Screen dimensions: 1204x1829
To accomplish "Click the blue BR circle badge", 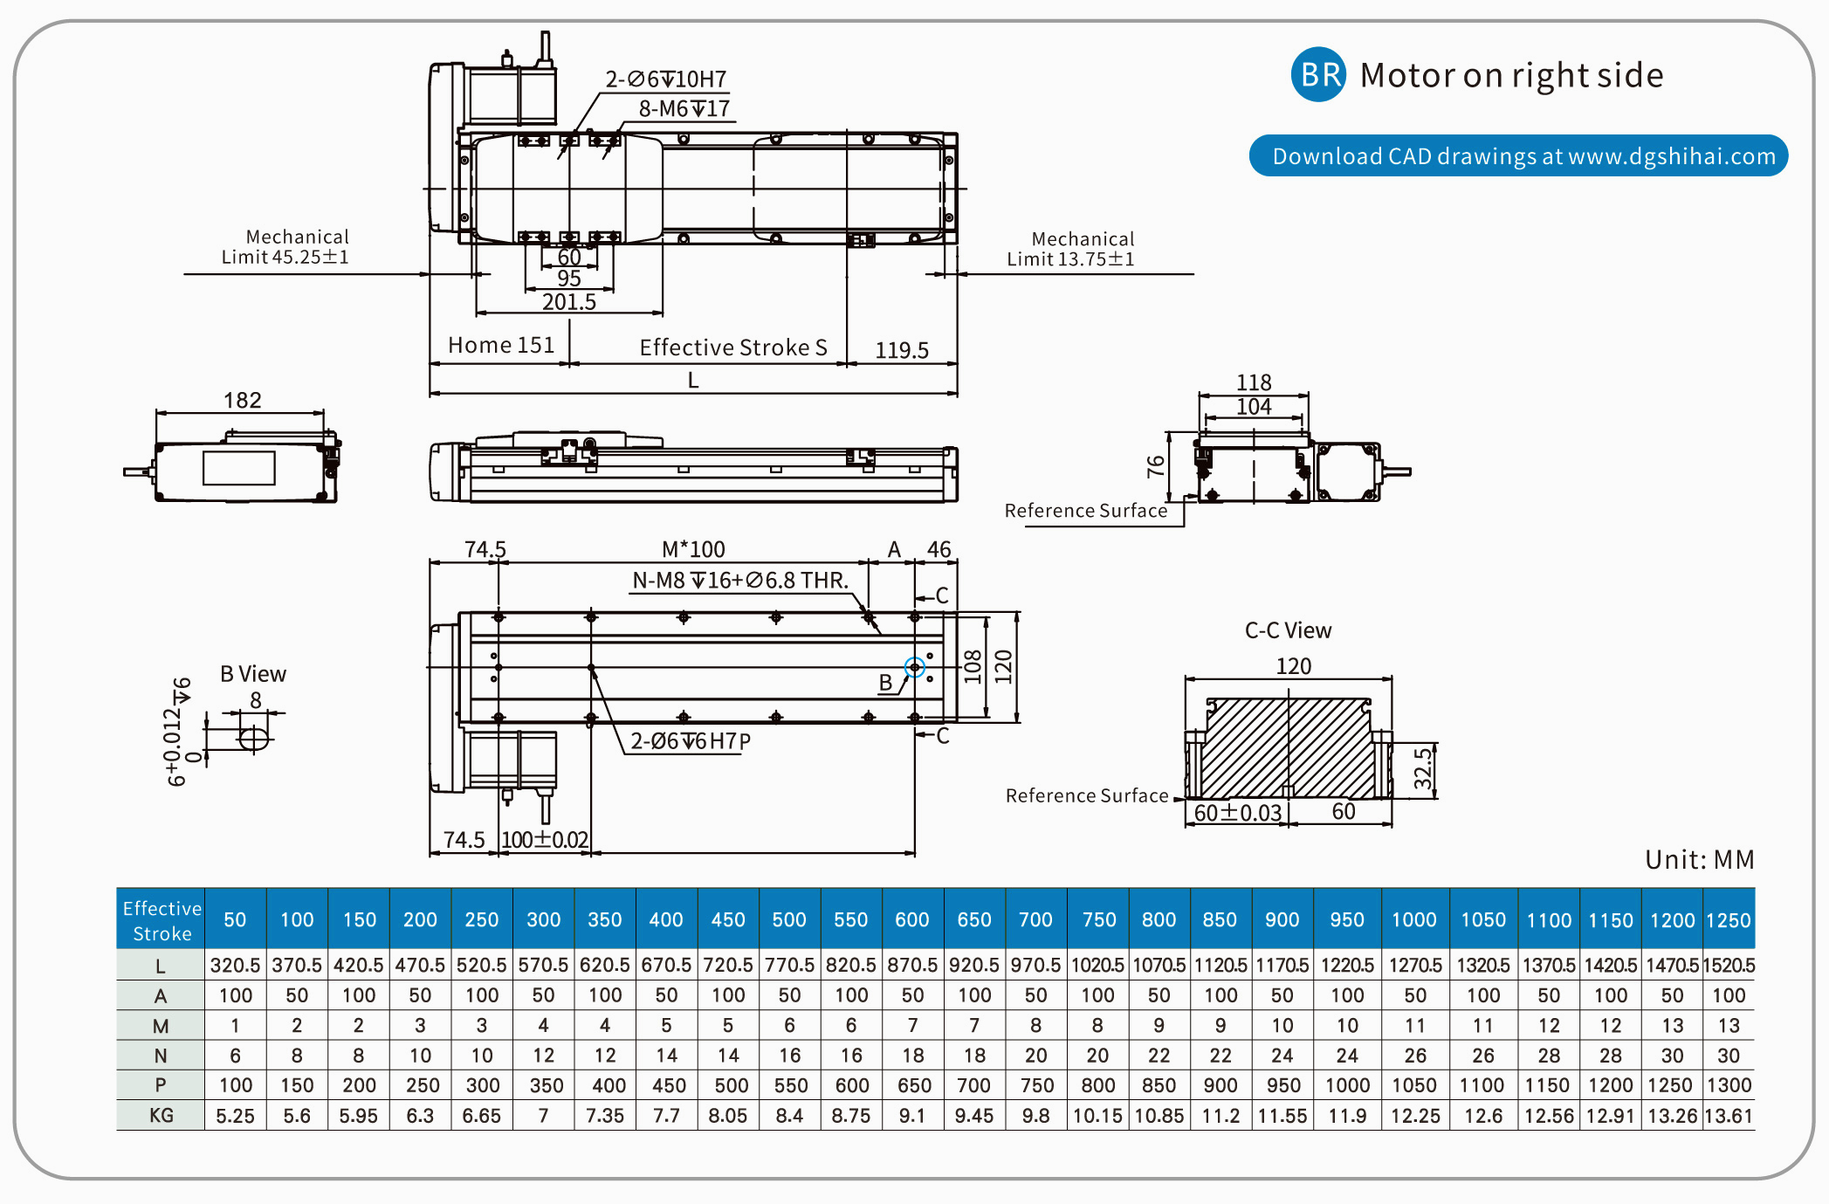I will pos(1317,75).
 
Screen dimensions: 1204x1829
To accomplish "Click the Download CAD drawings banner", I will pos(1518,156).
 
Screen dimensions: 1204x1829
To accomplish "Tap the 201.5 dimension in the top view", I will pos(568,302).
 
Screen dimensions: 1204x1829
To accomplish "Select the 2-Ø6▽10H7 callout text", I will pos(666,79).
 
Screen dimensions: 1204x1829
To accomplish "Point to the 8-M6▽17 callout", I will pos(684,109).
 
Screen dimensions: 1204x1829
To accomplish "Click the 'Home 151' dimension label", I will pos(501,346).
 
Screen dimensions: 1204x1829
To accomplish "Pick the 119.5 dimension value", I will pos(902,350).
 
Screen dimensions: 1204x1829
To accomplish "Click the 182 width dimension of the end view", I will pos(242,400).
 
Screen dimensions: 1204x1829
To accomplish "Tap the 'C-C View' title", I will pos(1288,630).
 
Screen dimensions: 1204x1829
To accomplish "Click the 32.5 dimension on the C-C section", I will pos(1423,768).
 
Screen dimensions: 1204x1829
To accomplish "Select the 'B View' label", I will pos(253,674).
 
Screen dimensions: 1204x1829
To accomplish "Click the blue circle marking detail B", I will pos(914,668).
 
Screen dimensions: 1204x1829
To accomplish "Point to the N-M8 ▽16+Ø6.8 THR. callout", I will pos(740,581).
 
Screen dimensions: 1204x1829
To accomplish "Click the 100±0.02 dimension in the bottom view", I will pos(545,840).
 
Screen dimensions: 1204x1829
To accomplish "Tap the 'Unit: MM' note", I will pos(1699,860).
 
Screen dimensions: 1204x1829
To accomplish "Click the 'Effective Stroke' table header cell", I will pos(162,920).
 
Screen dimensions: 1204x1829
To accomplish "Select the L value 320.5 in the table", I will pos(235,966).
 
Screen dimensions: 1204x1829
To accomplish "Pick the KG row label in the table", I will pos(162,1115).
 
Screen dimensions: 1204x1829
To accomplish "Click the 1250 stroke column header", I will pos(1728,920).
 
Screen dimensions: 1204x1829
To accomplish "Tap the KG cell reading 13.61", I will pos(1728,1115).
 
